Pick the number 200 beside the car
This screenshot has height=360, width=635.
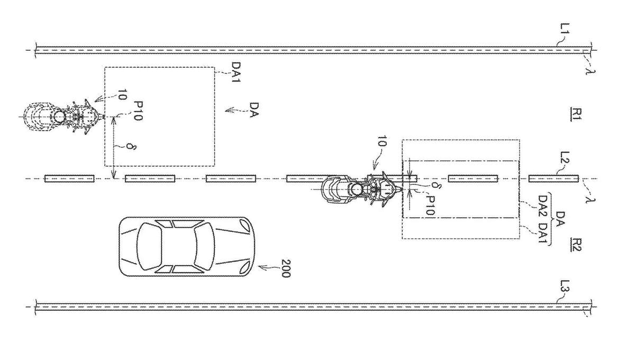286,268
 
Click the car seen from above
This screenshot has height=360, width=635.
186,247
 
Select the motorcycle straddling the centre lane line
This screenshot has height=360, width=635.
362,189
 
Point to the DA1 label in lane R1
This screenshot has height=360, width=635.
236,72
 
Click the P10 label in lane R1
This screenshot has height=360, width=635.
138,111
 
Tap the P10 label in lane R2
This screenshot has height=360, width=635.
430,205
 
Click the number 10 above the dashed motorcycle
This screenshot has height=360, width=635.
122,95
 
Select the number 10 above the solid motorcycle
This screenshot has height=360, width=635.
382,141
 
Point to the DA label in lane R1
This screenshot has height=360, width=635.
255,110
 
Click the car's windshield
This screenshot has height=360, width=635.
205,246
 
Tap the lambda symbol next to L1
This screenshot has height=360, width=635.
591,68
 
